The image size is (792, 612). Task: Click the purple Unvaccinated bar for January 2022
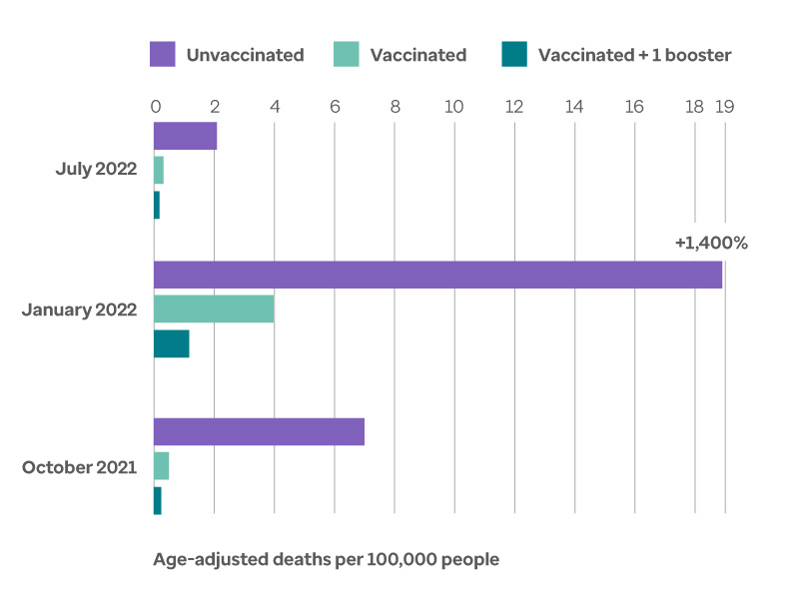pos(437,275)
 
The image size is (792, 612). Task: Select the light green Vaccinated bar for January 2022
pos(214,309)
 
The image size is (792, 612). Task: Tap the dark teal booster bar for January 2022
pos(171,343)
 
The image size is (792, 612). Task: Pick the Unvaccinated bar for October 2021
pos(259,431)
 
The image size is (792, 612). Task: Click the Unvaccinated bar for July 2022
pos(185,136)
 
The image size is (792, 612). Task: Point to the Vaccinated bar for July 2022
pos(159,170)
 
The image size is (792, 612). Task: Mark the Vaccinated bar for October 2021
pos(161,466)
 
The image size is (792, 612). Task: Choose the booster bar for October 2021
pos(158,501)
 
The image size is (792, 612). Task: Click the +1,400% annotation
pos(711,243)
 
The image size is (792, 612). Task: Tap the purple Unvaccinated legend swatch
pos(163,54)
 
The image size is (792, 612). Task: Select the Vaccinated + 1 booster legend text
pos(634,55)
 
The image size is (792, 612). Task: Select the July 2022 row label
pos(96,169)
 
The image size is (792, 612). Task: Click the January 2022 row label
pos(80,309)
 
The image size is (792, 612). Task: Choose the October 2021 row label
pos(80,466)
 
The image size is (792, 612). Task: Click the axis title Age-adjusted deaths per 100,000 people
pos(326,559)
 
